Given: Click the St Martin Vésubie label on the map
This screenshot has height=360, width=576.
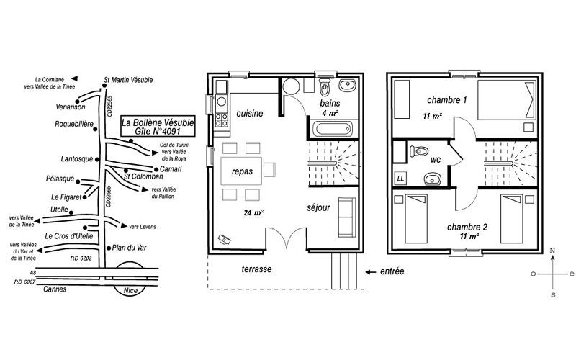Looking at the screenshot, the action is [128, 80].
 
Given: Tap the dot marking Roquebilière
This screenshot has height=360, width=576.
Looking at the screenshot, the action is [95, 129].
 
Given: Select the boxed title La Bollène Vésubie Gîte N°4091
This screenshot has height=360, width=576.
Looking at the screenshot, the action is [158, 126].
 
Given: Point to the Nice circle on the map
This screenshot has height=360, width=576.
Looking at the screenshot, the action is [130, 279].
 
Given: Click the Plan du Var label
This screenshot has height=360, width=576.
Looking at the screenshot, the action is [129, 248].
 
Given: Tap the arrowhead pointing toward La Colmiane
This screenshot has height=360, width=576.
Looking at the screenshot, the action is [74, 78].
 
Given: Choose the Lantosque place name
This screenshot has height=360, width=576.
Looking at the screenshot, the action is [77, 159].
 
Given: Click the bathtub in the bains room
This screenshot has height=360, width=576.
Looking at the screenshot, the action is [333, 129].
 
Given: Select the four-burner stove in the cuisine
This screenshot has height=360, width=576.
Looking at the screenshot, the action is [222, 120].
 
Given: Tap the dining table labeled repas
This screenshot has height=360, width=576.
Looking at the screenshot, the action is [241, 171].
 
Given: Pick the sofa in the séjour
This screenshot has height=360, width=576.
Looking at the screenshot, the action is [347, 217].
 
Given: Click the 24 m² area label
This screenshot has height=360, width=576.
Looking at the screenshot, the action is [254, 212].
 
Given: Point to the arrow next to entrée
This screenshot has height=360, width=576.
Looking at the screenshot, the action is [371, 272].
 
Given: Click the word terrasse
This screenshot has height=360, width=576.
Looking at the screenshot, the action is [257, 269].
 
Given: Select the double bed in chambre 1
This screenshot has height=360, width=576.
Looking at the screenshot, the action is [507, 100].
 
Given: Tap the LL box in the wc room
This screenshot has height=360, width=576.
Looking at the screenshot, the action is [400, 179].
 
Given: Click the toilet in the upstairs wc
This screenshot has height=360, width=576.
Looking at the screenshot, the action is [419, 151].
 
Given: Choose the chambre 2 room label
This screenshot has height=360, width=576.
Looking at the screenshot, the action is [467, 227].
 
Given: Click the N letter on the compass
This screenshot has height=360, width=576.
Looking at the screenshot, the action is [552, 251].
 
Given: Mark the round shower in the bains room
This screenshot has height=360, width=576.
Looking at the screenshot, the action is [292, 86].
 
